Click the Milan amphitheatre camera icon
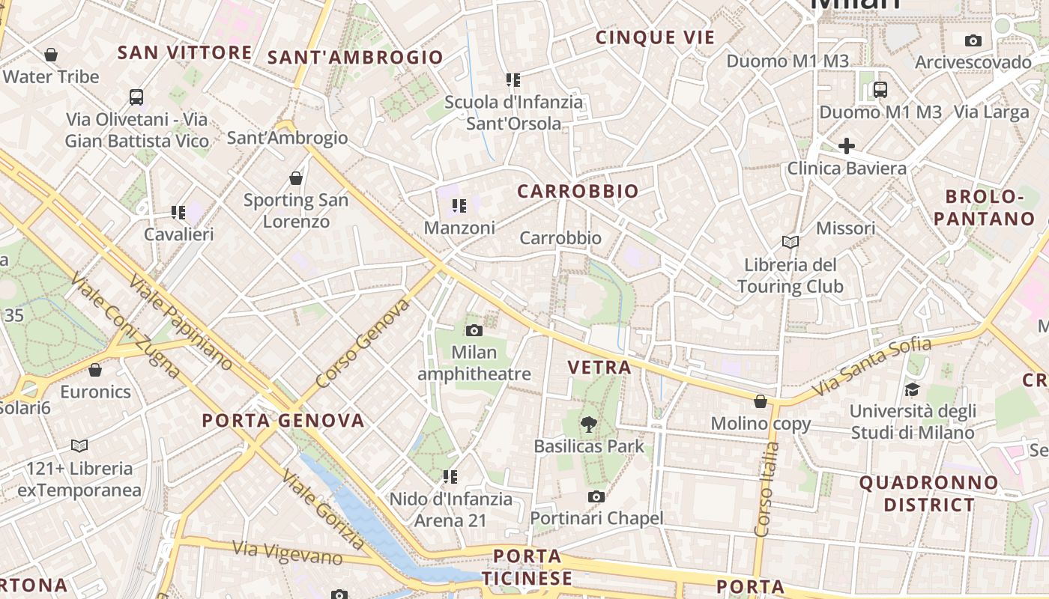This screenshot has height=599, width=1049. coord(474,330)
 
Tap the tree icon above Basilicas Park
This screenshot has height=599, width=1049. coord(589,425)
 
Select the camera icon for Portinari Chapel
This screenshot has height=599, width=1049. coord(596,496)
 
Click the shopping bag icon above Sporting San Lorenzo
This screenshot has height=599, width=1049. coord(296,178)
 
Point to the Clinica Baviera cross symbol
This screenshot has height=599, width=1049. coord(847,146)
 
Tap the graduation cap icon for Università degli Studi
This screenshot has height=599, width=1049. coord(912,389)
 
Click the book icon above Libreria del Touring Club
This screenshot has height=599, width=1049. coord(790,242)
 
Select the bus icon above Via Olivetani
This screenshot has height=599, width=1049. coord(136,97)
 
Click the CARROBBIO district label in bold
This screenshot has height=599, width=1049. coord(578,191)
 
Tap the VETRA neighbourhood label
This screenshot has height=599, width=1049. coord(599,368)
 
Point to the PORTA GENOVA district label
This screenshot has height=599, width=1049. coord(283,420)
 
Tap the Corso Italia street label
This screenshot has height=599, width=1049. coord(765,489)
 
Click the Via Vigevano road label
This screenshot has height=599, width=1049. coord(287,553)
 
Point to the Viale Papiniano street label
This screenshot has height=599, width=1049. coord(180,323)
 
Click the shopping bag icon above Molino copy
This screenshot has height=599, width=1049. coord(761,401)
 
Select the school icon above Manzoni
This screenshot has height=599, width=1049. coord(459,205)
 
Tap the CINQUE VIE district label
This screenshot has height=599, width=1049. coord(655,37)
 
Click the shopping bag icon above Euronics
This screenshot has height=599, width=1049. coord(95,370)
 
